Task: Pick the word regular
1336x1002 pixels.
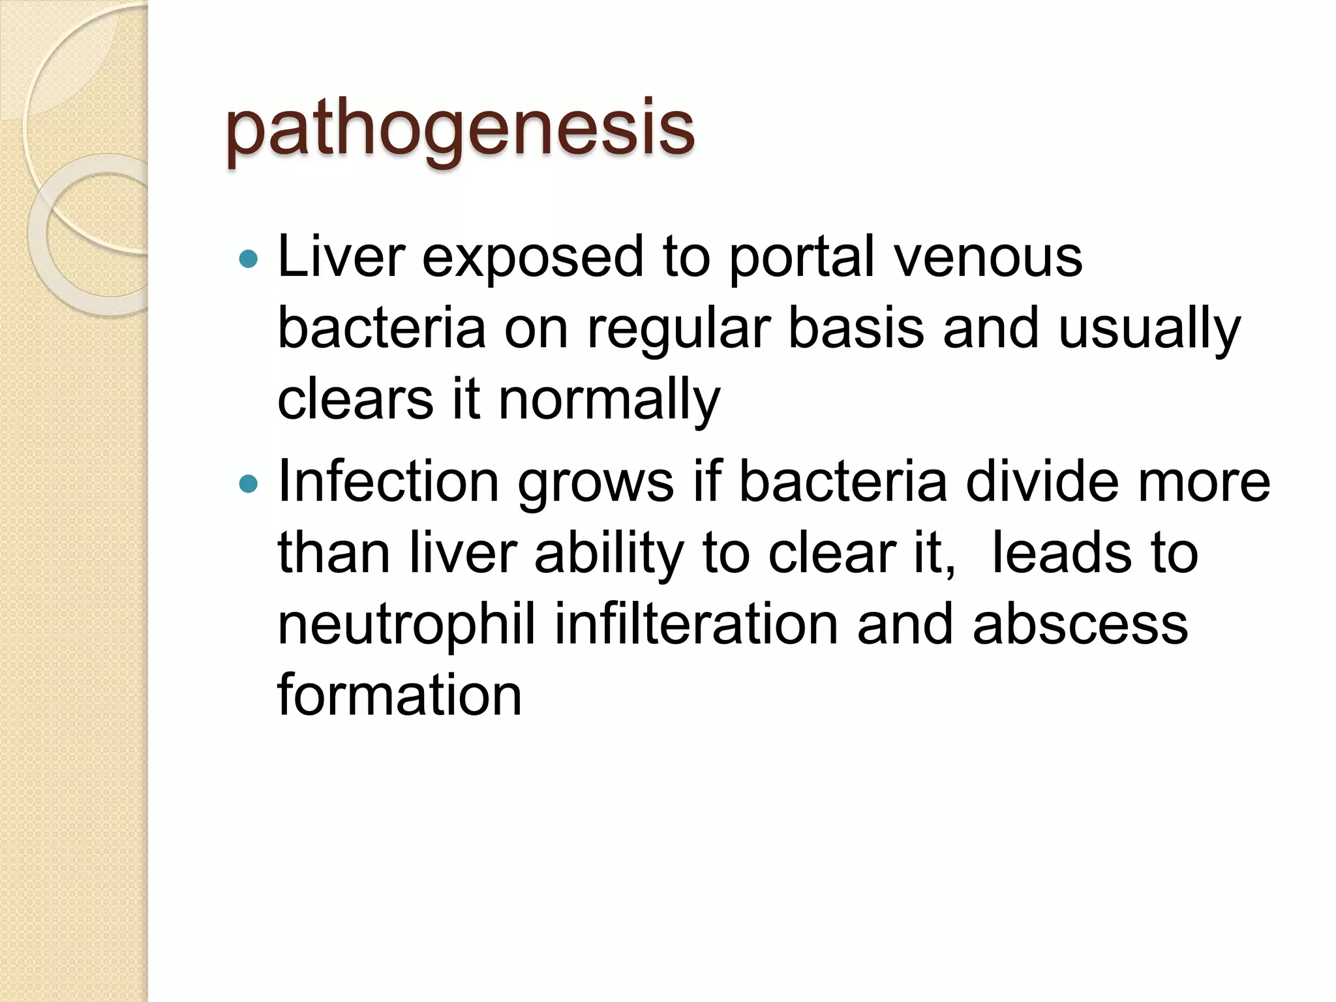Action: [678, 330]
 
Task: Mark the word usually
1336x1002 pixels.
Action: [1149, 330]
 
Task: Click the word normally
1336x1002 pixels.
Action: [609, 401]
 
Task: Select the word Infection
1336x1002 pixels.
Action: [389, 483]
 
